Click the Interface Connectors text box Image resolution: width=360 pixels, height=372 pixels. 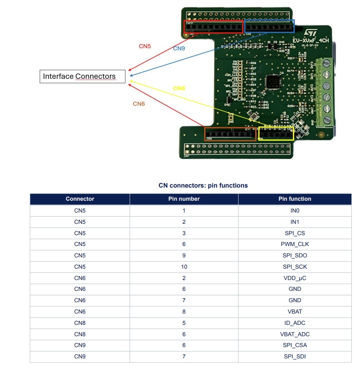click(x=82, y=77)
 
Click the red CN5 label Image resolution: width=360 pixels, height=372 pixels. click(x=145, y=46)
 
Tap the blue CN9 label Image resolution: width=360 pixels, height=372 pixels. click(x=179, y=48)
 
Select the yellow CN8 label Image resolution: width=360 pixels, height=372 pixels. click(x=179, y=88)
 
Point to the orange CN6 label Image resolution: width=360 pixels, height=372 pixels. click(x=139, y=104)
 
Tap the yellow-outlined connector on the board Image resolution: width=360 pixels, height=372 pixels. click(x=276, y=133)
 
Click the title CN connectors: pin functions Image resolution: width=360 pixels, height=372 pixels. click(x=203, y=185)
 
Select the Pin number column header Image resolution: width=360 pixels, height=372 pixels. click(x=184, y=199)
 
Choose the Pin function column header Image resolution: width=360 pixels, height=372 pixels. click(x=295, y=199)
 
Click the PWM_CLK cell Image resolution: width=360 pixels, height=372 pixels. click(x=295, y=244)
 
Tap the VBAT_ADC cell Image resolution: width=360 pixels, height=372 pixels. click(x=295, y=334)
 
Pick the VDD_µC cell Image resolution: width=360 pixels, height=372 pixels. click(x=295, y=278)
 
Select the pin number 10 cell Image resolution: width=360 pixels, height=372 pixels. click(x=184, y=266)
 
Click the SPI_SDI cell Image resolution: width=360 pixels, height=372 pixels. click(x=295, y=356)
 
